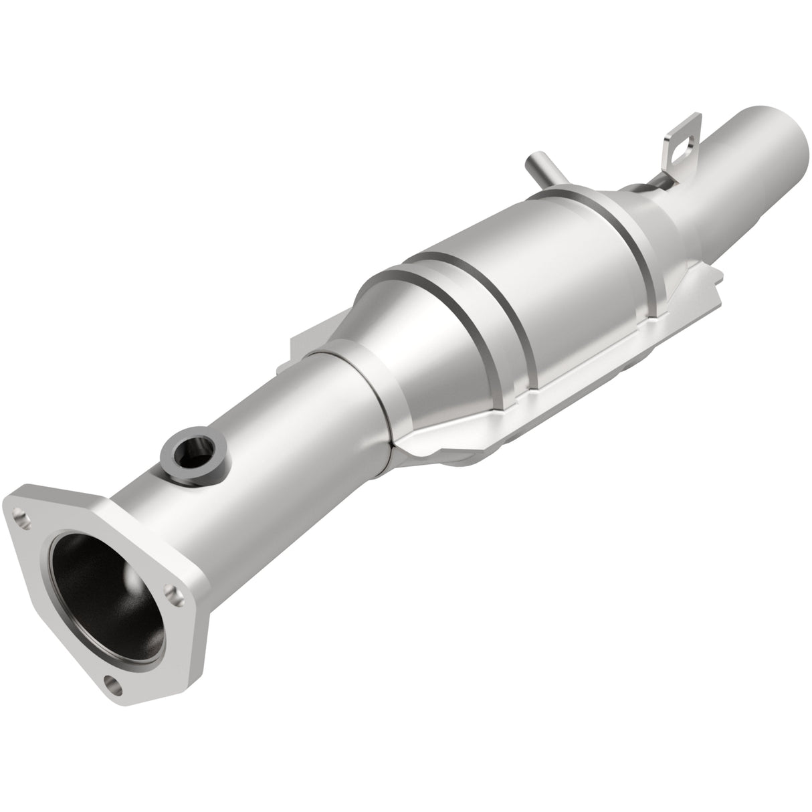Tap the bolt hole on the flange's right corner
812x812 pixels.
(175, 591)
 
